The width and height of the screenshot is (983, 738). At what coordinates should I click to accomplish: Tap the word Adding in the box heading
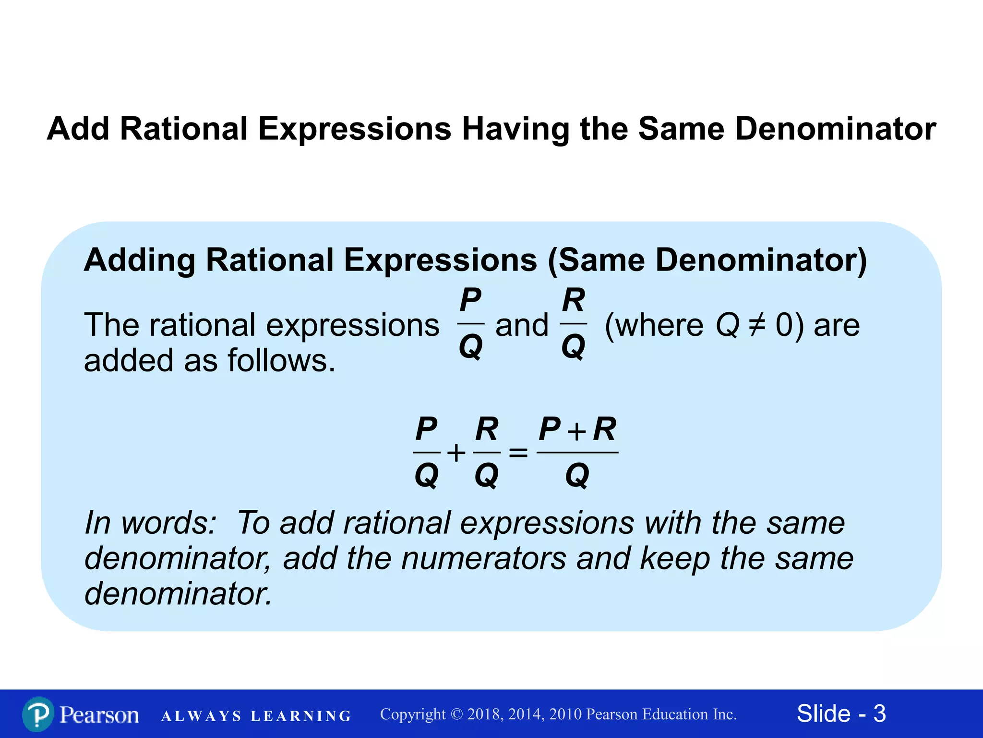click(139, 260)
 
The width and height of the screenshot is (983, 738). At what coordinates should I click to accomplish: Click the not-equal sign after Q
click(757, 325)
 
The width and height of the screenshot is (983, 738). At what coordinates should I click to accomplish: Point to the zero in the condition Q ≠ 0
click(784, 325)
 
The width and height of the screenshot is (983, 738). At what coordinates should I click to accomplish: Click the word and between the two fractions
click(522, 325)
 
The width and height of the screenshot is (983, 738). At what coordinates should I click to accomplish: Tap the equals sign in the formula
click(518, 453)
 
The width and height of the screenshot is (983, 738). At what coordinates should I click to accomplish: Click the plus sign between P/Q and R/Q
click(456, 453)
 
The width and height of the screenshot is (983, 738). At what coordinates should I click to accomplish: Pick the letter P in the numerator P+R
click(549, 429)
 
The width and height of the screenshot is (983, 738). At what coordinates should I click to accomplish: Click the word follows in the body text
click(281, 360)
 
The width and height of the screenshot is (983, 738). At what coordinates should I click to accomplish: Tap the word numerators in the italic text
click(484, 558)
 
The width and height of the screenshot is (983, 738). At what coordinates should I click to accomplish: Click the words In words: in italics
click(150, 523)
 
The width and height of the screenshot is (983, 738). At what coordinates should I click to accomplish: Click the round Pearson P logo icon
click(38, 714)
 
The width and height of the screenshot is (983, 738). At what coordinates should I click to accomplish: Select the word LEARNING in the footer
click(301, 716)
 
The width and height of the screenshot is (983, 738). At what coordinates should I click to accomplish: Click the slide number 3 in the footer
click(879, 713)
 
